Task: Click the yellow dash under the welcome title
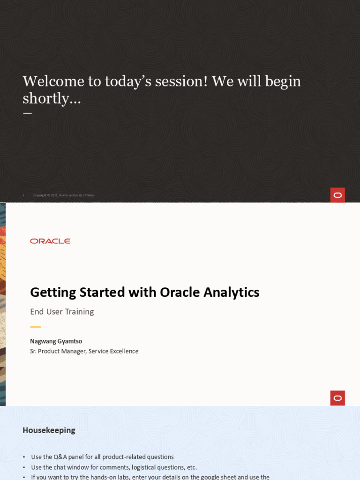click(27, 113)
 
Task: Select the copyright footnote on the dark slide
click(64, 195)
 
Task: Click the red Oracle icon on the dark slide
click(337, 195)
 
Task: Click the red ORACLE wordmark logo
click(50, 241)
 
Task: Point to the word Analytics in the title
click(232, 292)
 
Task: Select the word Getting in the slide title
click(53, 292)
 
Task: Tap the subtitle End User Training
click(62, 312)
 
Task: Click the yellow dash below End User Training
click(36, 327)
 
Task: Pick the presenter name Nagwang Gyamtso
click(56, 341)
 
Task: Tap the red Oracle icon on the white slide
click(337, 398)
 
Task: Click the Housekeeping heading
click(49, 430)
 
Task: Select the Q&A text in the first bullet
click(60, 457)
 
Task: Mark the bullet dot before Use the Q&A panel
click(24, 457)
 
